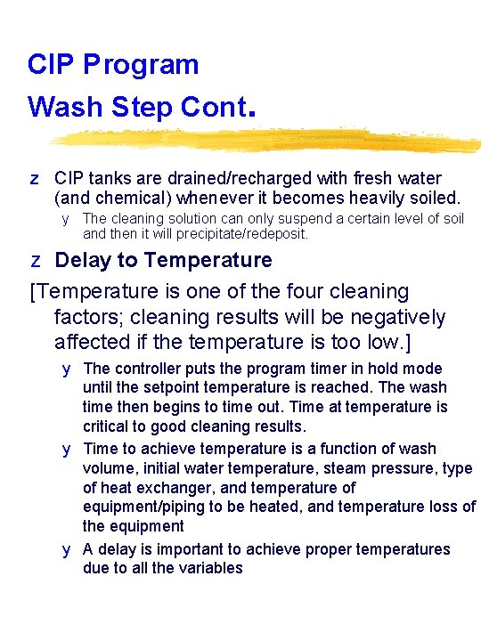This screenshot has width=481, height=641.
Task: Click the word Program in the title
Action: [141, 65]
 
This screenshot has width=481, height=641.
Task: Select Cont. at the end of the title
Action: [218, 107]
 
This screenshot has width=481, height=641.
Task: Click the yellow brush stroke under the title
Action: [265, 139]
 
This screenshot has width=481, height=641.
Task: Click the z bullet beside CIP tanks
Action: [35, 180]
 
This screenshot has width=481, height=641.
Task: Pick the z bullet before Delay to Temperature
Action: [36, 261]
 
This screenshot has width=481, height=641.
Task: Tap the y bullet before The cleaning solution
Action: [65, 220]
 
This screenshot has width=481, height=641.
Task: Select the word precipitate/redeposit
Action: [242, 234]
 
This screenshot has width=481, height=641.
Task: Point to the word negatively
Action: [397, 318]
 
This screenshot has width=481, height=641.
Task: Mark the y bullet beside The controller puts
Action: [66, 370]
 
